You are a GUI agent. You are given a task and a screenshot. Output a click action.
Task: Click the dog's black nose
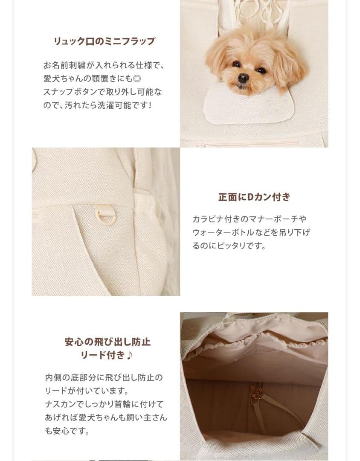pyautogui.click(x=243, y=78)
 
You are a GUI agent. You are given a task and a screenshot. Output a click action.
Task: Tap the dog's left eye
pyautogui.click(x=236, y=64)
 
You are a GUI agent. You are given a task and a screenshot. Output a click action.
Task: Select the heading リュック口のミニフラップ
pyautogui.click(x=104, y=41)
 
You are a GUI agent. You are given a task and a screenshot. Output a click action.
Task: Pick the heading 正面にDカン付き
pyautogui.click(x=254, y=197)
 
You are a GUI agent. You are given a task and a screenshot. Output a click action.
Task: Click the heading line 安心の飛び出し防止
pyautogui.click(x=107, y=342)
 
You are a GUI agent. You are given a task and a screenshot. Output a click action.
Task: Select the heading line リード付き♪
pyautogui.click(x=107, y=355)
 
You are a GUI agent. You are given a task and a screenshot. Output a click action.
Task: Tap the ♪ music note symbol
pyautogui.click(x=130, y=355)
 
